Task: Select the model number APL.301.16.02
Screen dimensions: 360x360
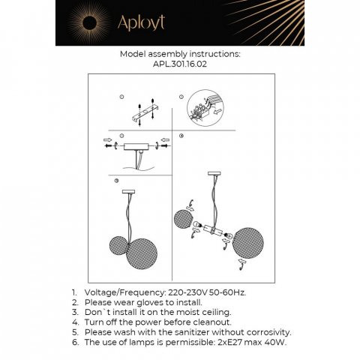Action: (179, 66)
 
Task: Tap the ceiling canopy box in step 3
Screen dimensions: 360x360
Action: (139, 148)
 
